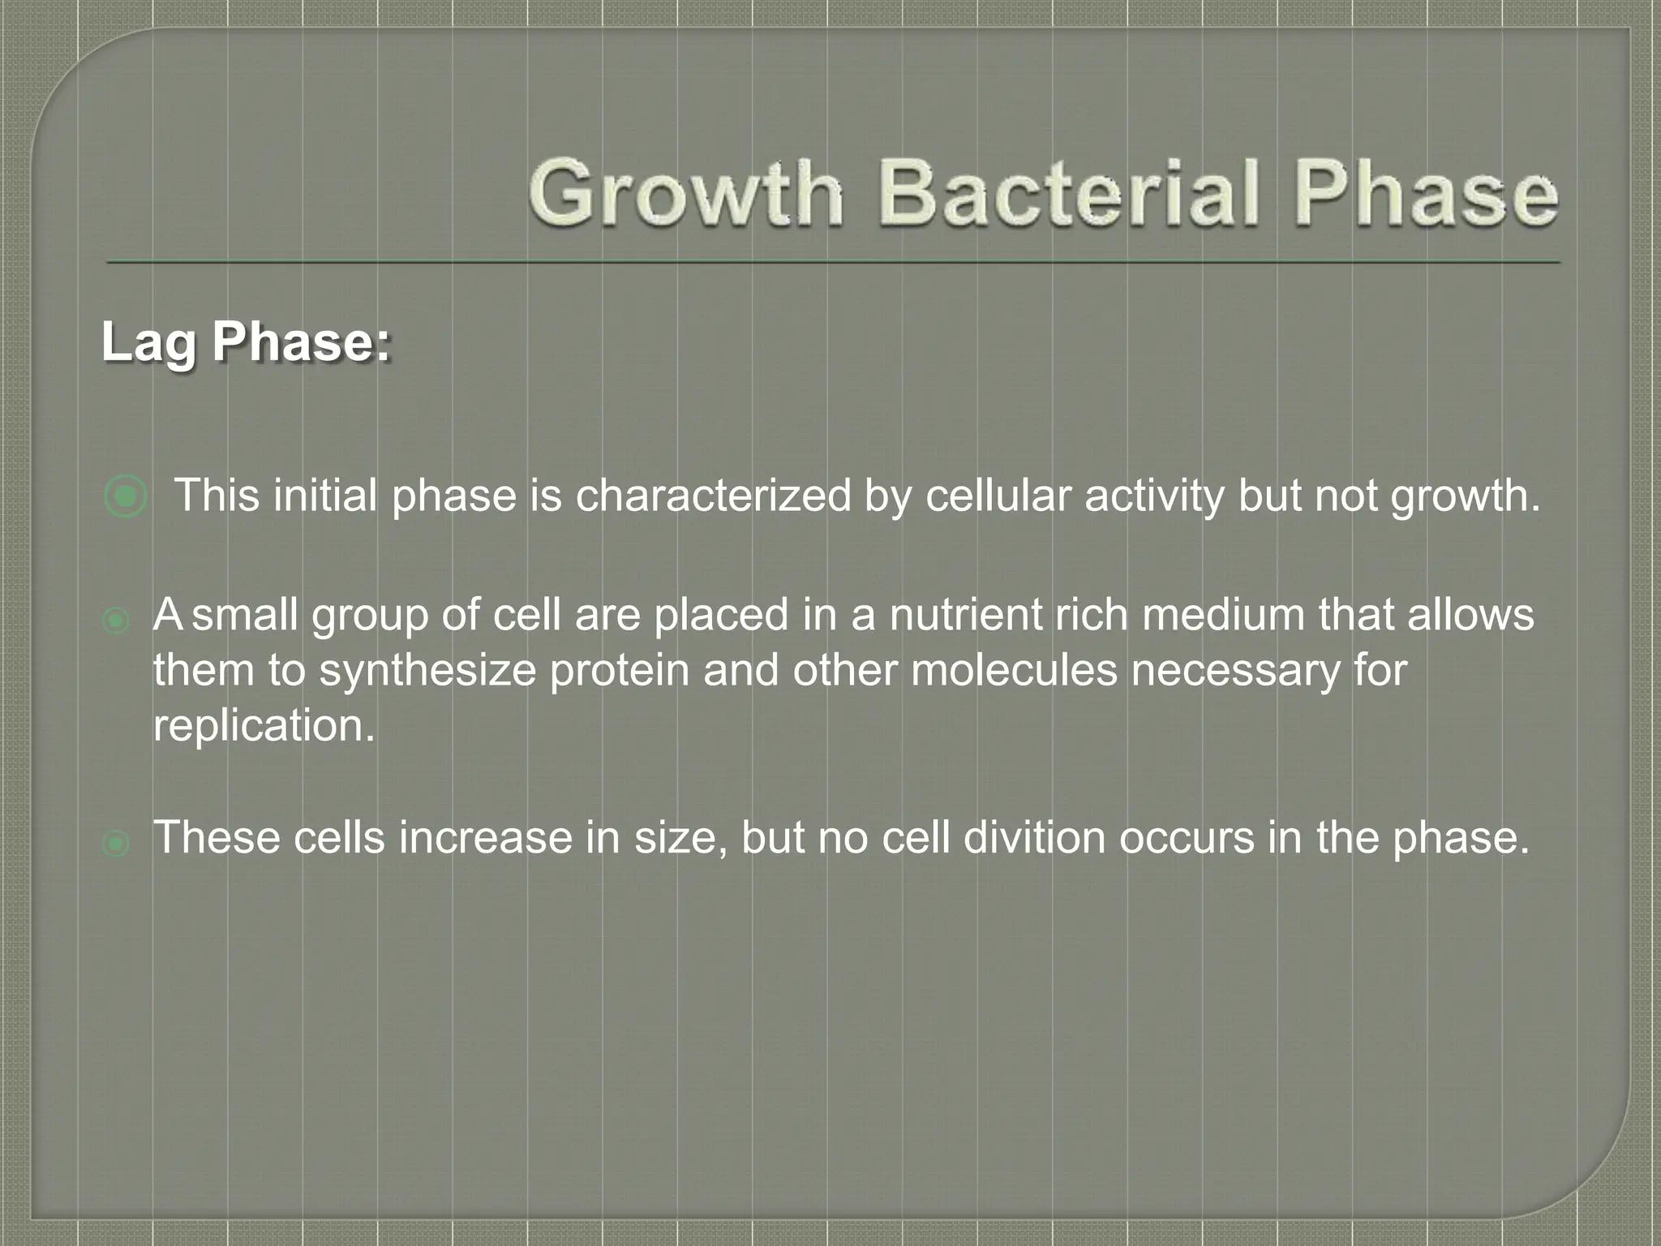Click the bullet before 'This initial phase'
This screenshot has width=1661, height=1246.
[x=126, y=496]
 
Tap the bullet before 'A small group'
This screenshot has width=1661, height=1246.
[x=116, y=622]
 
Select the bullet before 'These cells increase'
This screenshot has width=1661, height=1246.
[x=116, y=844]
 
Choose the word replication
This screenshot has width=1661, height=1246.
[x=264, y=726]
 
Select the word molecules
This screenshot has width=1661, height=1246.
[x=1014, y=671]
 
